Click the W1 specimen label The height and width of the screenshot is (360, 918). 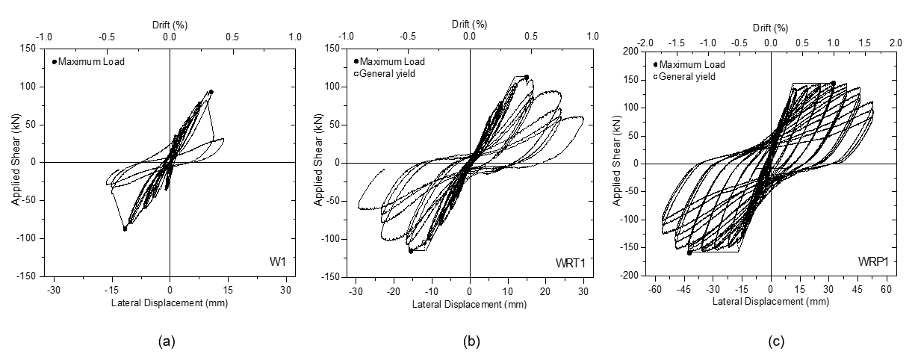click(x=279, y=261)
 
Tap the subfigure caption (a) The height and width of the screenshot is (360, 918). click(x=167, y=341)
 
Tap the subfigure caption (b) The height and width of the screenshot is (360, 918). click(x=471, y=341)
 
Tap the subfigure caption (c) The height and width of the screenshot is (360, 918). click(x=777, y=341)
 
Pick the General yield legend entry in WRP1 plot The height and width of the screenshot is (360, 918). click(x=688, y=76)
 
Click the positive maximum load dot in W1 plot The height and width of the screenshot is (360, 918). click(x=211, y=92)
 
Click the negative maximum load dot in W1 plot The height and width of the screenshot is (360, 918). click(x=125, y=229)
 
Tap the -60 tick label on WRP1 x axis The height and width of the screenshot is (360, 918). click(x=655, y=288)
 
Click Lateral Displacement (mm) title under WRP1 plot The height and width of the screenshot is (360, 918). click(x=770, y=301)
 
